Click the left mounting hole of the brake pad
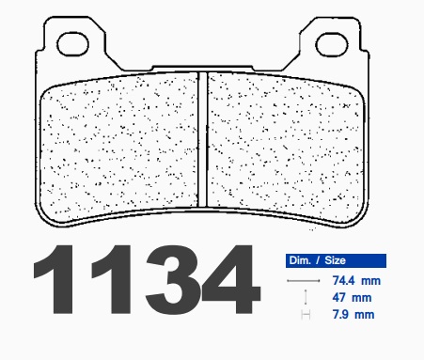pyautogui.click(x=72, y=44)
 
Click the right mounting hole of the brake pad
pyautogui.click(x=332, y=44)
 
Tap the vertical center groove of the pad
pyautogui.click(x=202, y=139)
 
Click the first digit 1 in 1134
pyautogui.click(x=55, y=279)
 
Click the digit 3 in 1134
pyautogui.click(x=173, y=279)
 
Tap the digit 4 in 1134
pyautogui.click(x=231, y=279)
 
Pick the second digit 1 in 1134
pyautogui.click(x=112, y=279)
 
